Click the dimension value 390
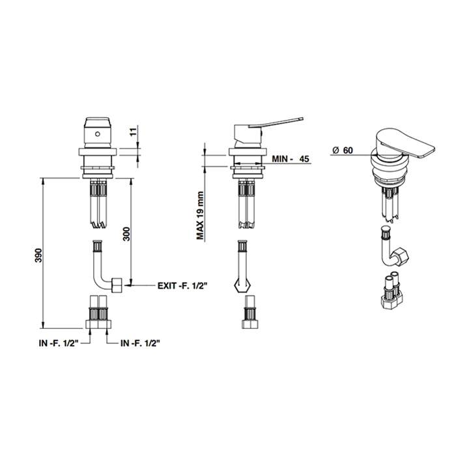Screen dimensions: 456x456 [39, 255]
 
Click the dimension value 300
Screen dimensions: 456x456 [126, 233]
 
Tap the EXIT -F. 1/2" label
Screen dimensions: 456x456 [182, 286]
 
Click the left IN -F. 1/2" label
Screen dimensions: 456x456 [59, 343]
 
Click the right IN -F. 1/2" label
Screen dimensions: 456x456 [141, 343]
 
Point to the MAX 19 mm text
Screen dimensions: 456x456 [200, 216]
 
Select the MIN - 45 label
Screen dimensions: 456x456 [291, 159]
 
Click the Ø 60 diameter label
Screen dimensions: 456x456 [343, 150]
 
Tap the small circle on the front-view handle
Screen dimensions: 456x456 [98, 134]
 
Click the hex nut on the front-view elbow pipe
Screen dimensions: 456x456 [117, 285]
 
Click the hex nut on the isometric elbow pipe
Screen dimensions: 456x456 [401, 255]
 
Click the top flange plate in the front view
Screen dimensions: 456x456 [98, 152]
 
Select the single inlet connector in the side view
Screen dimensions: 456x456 [249, 312]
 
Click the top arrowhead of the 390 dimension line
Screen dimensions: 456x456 [43, 181]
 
